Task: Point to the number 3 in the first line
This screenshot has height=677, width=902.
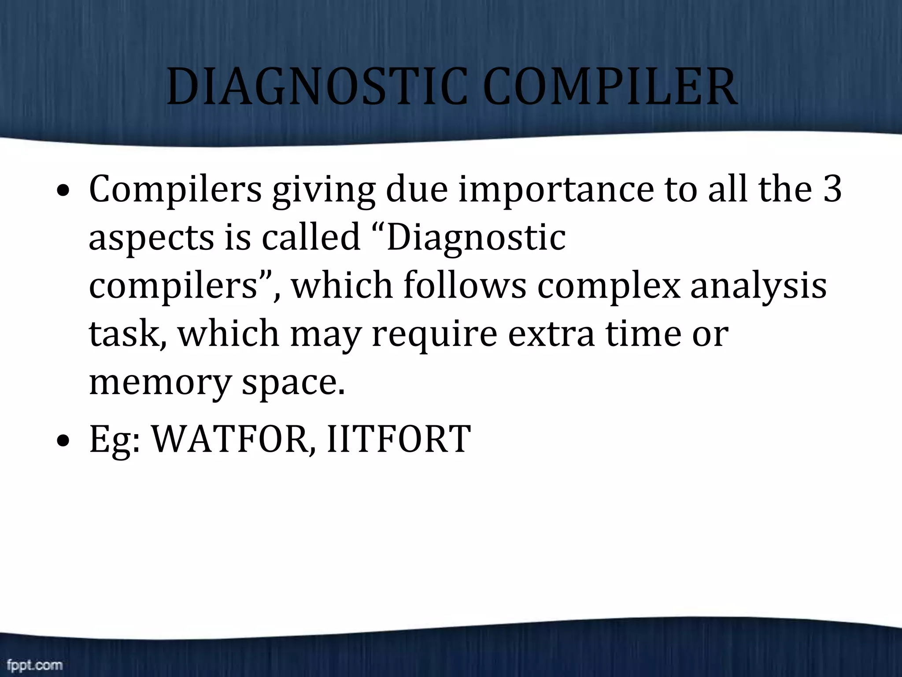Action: point(832,189)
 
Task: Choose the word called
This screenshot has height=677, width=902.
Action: point(311,237)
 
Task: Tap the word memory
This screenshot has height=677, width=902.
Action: point(160,383)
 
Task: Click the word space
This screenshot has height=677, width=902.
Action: point(292,383)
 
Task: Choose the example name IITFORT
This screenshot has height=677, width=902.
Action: point(399,439)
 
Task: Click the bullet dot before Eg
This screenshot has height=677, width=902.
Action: point(64,441)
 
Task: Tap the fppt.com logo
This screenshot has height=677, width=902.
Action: point(35,665)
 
